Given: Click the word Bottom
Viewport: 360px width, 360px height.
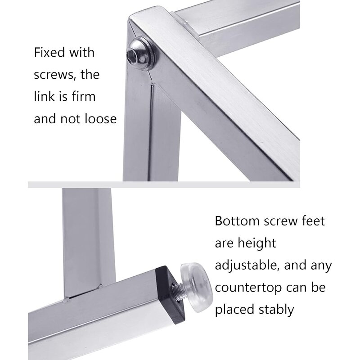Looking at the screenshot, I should click(238, 221).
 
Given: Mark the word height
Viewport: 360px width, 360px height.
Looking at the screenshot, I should click(254, 244).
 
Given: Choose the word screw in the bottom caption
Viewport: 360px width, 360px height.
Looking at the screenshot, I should click(281, 221).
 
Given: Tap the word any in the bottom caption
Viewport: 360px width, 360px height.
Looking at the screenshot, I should click(320, 265).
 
